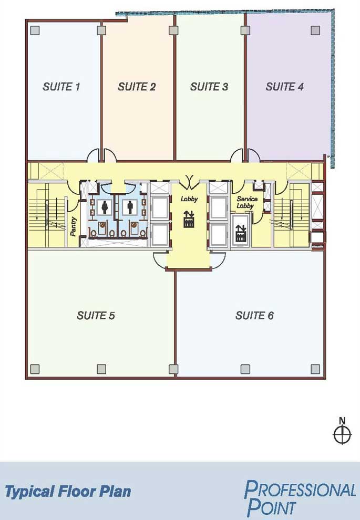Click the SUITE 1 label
click(61, 87)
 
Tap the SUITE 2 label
click(136, 87)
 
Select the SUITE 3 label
click(209, 87)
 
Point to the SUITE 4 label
click(284, 87)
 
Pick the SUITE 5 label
click(96, 315)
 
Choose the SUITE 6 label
click(254, 315)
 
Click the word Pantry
click(74, 226)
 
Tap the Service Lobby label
click(247, 202)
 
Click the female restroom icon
click(105, 207)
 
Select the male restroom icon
click(130, 207)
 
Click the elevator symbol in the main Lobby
click(189, 219)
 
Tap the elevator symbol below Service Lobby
click(241, 233)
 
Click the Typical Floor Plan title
click(68, 492)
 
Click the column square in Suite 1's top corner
click(35, 30)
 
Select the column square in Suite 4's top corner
click(315, 30)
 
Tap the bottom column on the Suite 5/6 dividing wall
click(173, 369)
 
